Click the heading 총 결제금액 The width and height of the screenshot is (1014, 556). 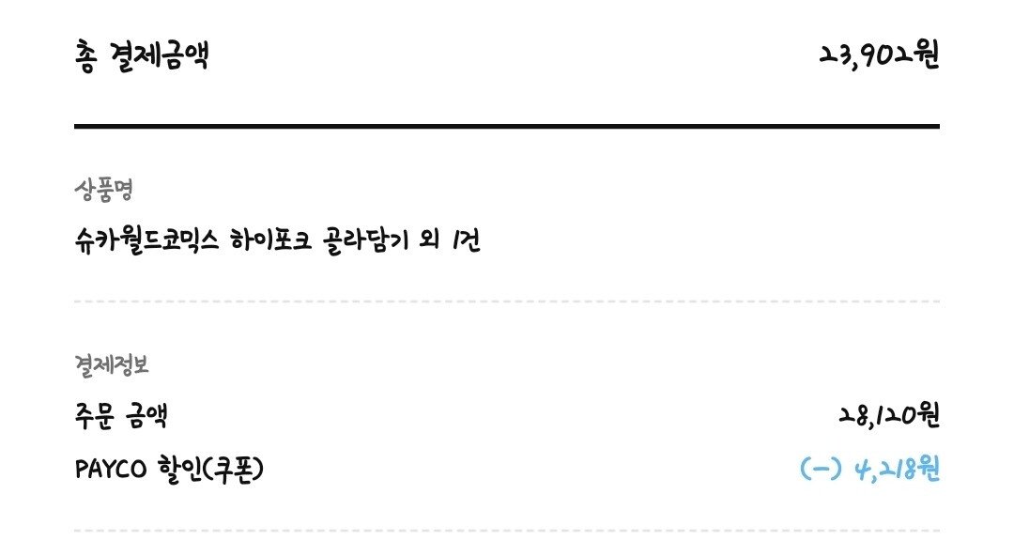[x=141, y=56]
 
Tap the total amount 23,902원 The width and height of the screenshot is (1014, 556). [x=879, y=54]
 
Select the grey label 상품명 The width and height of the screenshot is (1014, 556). [x=103, y=191]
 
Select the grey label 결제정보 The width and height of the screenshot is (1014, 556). [x=110, y=364]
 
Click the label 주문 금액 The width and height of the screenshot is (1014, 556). [x=121, y=415]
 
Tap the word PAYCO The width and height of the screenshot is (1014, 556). [x=111, y=469]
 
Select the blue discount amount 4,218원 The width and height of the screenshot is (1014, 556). [x=897, y=469]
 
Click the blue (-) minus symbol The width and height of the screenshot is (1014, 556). [x=821, y=469]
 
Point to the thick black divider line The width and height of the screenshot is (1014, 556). [x=507, y=126]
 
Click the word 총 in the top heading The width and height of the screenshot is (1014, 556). [x=84, y=56]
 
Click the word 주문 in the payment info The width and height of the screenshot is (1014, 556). [x=93, y=415]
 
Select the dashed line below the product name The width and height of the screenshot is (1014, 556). [x=507, y=301]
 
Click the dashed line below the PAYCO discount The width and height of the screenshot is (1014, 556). [x=507, y=531]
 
